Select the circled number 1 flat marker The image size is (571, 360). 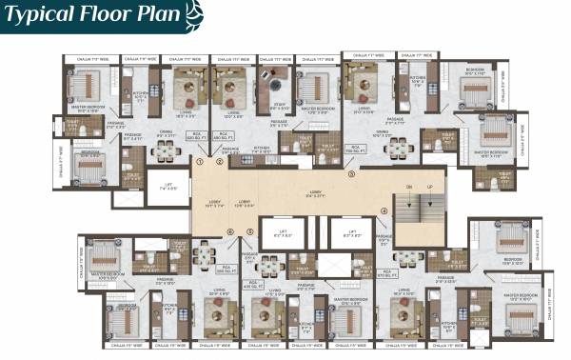pos(199,162)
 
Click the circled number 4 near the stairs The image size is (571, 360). pos(384,211)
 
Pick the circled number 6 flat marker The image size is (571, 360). pos(229,231)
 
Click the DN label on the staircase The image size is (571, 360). pos(409,186)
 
